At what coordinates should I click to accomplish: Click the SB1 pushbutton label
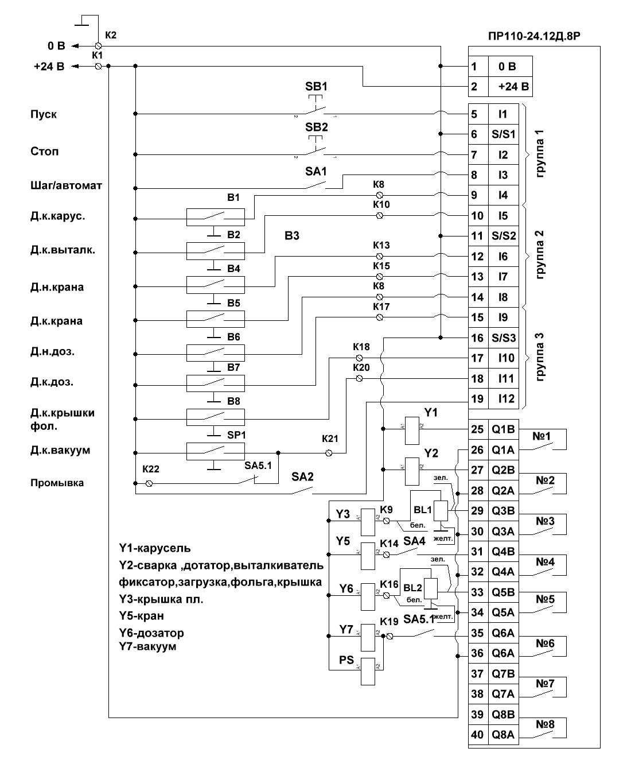tap(316, 87)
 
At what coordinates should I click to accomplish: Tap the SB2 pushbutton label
tap(316, 127)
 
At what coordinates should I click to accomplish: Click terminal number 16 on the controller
tap(477, 338)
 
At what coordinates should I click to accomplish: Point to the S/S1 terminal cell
tap(503, 135)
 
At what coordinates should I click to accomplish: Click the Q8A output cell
tap(503, 734)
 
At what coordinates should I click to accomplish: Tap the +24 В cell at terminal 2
tap(510, 87)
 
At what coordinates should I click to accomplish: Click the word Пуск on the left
tap(44, 114)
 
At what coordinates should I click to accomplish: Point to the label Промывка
tap(57, 483)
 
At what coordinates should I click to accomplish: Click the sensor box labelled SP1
tap(215, 451)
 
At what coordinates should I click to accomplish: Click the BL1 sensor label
tap(422, 510)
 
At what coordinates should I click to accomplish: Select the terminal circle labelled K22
tap(149, 484)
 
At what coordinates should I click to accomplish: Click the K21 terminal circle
tap(329, 453)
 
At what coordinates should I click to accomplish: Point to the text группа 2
tap(540, 255)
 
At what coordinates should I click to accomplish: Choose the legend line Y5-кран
tap(141, 616)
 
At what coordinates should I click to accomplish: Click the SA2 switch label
tap(302, 476)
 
